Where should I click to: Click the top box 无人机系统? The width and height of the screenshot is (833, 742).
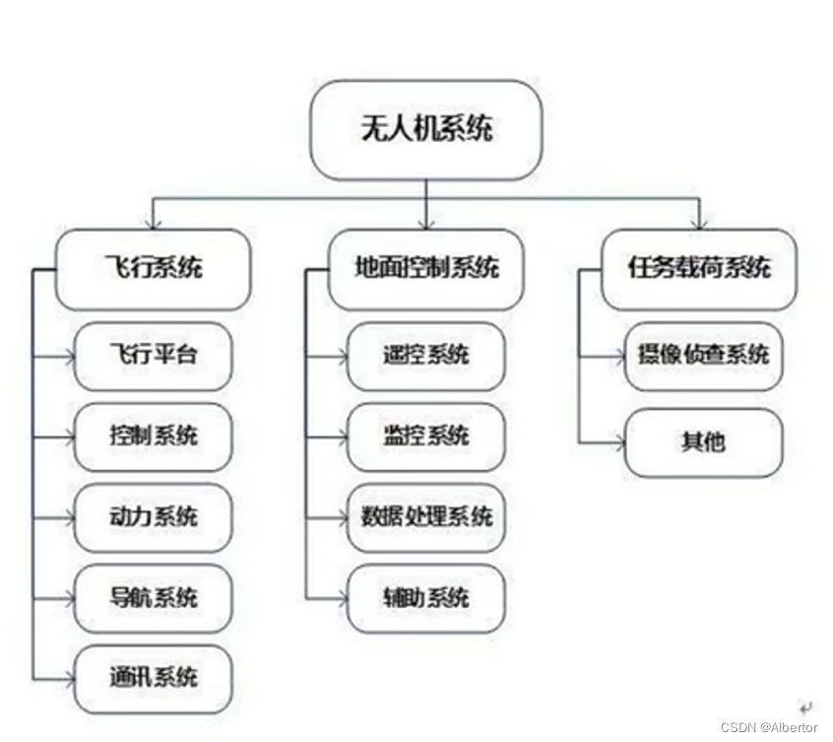click(425, 129)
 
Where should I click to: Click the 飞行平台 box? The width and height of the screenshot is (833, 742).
click(153, 355)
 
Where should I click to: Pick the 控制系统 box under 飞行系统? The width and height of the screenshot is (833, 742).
click(153, 436)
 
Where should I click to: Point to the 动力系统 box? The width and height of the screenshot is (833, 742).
click(153, 516)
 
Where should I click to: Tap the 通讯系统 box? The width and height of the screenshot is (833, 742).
click(153, 678)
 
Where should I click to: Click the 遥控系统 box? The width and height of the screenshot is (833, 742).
click(425, 355)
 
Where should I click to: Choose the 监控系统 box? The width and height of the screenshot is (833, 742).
click(425, 436)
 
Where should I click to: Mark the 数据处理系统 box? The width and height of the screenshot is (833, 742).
click(425, 516)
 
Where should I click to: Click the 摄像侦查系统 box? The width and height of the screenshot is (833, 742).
click(703, 355)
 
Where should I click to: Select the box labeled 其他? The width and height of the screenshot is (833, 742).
click(703, 441)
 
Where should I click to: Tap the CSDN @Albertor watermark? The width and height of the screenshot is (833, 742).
click(768, 727)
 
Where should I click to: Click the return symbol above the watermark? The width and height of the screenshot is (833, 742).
click(805, 706)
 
